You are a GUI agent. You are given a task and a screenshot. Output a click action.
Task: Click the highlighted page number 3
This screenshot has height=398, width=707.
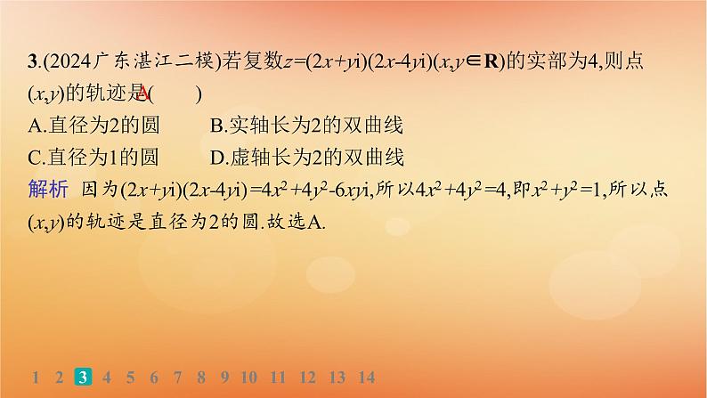pos(82,377)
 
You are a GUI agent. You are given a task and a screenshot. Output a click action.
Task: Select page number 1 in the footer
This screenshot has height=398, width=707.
pos(36,377)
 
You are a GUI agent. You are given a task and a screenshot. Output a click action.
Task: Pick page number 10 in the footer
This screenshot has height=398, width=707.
pos(249,377)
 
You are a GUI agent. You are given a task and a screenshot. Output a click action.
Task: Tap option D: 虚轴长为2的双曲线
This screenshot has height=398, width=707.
pos(307,158)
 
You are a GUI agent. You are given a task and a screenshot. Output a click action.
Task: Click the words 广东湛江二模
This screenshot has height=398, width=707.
pos(130,61)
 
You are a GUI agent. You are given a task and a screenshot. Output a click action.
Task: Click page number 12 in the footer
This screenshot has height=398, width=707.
pos(307,377)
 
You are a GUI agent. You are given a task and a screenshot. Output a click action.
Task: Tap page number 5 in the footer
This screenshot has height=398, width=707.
pos(130,377)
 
